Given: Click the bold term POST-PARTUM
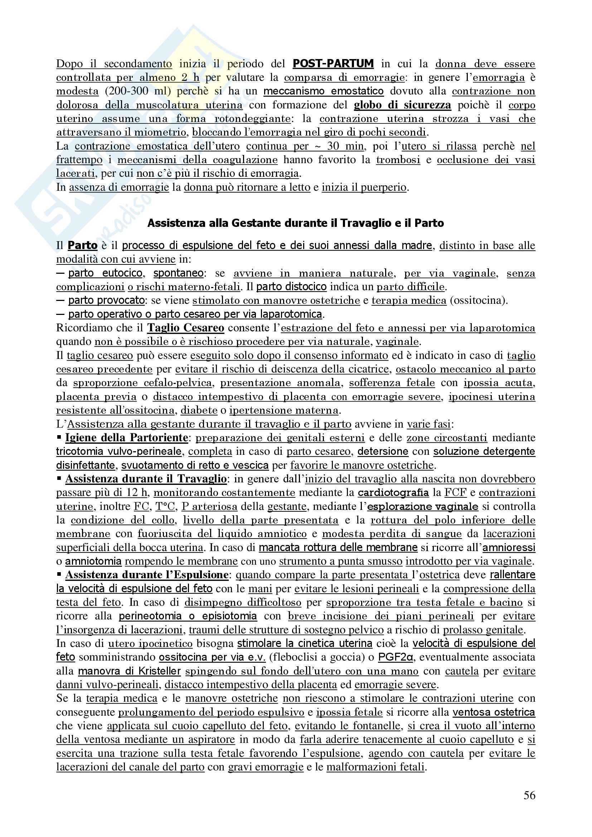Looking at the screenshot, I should pyautogui.click(x=333, y=64).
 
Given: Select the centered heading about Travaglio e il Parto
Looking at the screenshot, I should pyautogui.click(x=296, y=223).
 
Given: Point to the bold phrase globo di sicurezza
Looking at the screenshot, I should pyautogui.click(x=402, y=105).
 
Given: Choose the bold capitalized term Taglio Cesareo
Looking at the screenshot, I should pyautogui.click(x=185, y=328).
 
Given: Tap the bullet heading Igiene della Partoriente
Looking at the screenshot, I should pyautogui.click(x=126, y=437).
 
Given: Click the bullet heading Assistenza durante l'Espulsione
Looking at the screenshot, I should pyautogui.click(x=147, y=575).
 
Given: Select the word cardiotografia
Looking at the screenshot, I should pyautogui.click(x=393, y=492).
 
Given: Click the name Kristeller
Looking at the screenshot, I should pyautogui.click(x=160, y=671).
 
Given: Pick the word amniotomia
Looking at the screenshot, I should pyautogui.click(x=93, y=561).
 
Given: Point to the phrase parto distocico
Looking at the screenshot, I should pyautogui.click(x=291, y=287).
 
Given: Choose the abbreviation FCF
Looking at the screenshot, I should pyautogui.click(x=455, y=492).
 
